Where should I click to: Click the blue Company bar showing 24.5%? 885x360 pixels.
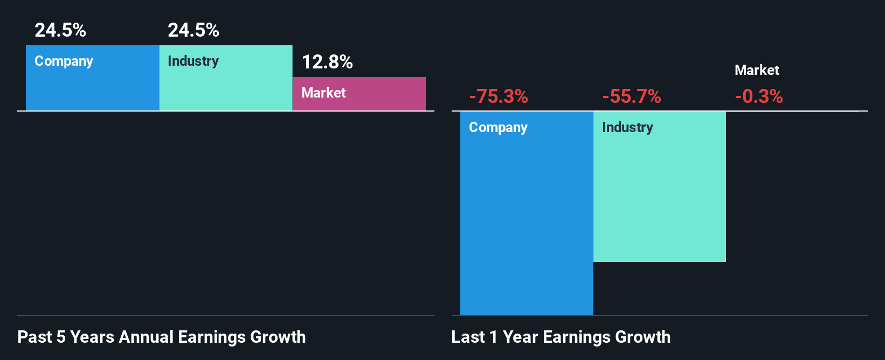(92, 86)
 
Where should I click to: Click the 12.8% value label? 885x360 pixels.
(327, 62)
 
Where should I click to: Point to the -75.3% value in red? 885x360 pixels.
(499, 96)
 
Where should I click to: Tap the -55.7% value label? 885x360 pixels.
(632, 96)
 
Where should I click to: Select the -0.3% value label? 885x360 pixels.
(759, 96)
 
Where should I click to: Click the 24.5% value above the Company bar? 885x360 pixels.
(60, 30)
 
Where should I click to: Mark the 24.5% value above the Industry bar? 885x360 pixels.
(193, 30)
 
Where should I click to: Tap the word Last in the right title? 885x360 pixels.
(468, 337)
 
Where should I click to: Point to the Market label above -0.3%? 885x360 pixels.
(757, 70)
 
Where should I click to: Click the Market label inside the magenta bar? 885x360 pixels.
(323, 93)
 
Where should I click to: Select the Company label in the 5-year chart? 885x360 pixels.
(64, 61)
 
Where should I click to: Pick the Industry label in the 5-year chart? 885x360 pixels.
(193, 61)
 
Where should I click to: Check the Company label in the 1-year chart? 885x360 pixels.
(498, 128)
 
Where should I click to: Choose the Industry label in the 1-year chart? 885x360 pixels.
(627, 127)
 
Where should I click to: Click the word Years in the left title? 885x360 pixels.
(92, 337)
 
